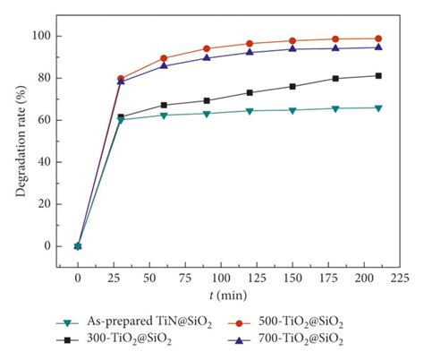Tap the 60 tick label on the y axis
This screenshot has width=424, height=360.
[40, 120]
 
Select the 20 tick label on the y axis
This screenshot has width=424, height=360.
[40, 204]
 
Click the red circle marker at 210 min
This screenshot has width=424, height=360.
[378, 39]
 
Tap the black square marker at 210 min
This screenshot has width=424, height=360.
[378, 75]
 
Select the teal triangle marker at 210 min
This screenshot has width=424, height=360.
[378, 107]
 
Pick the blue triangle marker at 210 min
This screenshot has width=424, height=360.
[378, 47]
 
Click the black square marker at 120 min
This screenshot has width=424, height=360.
[250, 92]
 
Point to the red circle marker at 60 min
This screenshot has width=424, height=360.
[164, 58]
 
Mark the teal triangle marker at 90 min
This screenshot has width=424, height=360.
[207, 113]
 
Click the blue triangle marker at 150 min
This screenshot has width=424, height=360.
[293, 48]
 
